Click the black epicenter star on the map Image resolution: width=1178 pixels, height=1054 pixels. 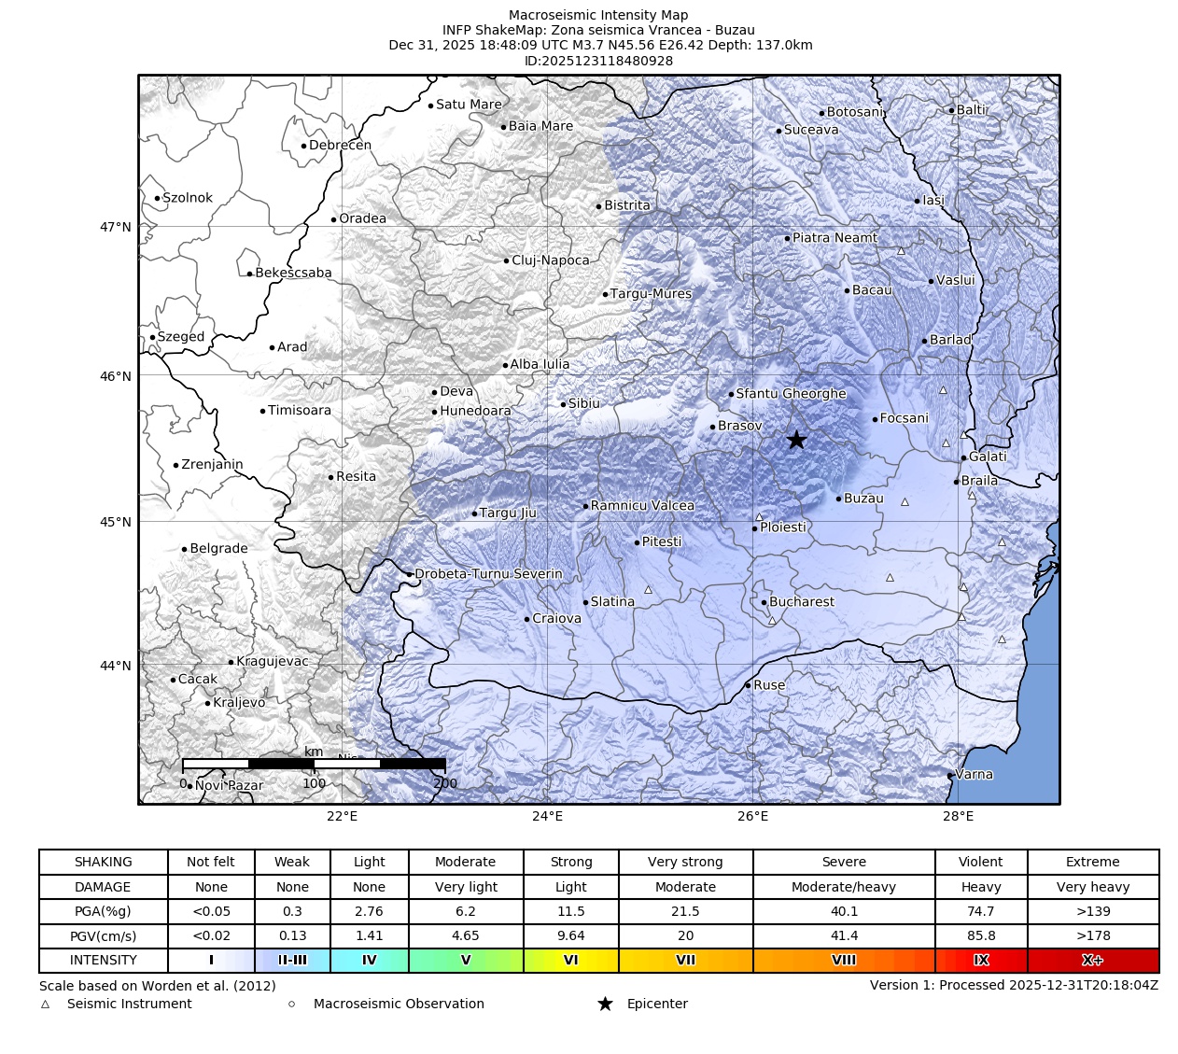pyautogui.click(x=795, y=440)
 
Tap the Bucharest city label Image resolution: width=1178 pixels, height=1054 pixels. pyautogui.click(x=801, y=602)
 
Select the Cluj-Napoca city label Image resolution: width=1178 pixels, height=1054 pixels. pyautogui.click(x=551, y=260)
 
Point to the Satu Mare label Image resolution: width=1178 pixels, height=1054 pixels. pyautogui.click(x=469, y=105)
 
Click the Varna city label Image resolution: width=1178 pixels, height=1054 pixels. pyautogui.click(x=975, y=774)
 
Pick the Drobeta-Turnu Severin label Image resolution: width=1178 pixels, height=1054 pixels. pyautogui.click(x=488, y=574)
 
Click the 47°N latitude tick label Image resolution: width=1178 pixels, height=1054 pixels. pyautogui.click(x=116, y=227)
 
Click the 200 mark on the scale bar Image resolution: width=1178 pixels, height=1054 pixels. pyautogui.click(x=445, y=783)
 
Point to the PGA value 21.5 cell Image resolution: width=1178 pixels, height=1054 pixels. pyautogui.click(x=685, y=911)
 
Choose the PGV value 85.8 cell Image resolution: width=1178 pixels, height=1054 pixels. pyautogui.click(x=981, y=935)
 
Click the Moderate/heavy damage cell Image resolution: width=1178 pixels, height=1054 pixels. pyautogui.click(x=843, y=887)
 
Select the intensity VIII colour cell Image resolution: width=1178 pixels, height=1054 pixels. pyautogui.click(x=843, y=960)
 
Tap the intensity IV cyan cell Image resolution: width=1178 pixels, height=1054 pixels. pyautogui.click(x=369, y=960)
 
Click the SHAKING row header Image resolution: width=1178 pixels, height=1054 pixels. pyautogui.click(x=103, y=862)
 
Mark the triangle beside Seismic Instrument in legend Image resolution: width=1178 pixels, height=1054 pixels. pyautogui.click(x=45, y=1005)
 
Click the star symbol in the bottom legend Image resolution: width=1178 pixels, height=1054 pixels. pyautogui.click(x=605, y=1004)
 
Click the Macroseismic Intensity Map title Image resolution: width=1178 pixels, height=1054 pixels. pyautogui.click(x=598, y=15)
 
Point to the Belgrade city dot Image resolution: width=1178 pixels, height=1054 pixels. pyautogui.click(x=184, y=549)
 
